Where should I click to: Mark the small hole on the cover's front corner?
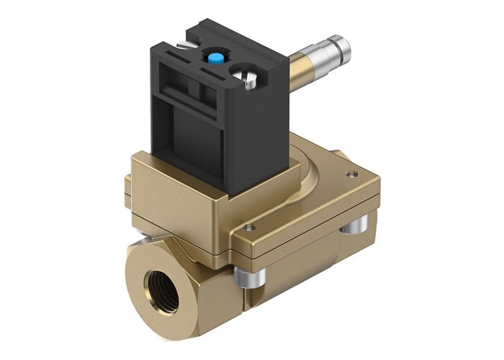[248, 228]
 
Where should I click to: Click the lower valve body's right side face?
[302, 270]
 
